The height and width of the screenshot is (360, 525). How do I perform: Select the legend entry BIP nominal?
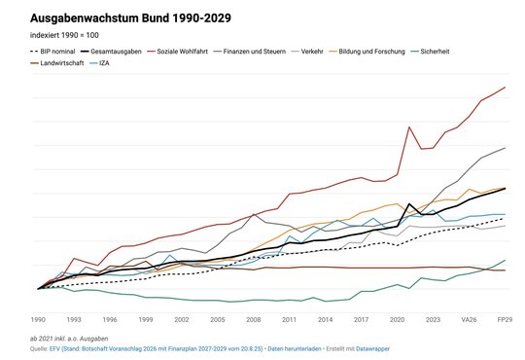tap(52, 50)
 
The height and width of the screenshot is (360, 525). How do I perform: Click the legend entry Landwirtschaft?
tap(47, 62)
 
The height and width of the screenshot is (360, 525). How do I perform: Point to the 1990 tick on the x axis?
tap(38, 318)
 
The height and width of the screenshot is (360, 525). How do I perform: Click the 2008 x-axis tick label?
tap(254, 318)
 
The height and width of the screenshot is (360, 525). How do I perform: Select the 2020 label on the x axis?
tap(398, 318)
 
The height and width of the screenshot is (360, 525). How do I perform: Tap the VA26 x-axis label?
tap(470, 318)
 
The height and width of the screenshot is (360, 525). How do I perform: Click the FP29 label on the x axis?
tap(506, 318)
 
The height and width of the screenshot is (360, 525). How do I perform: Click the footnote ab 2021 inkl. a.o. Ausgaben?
tap(73, 337)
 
